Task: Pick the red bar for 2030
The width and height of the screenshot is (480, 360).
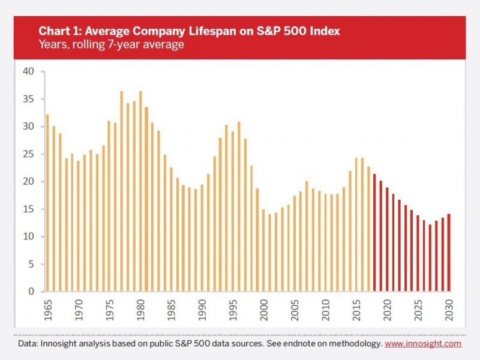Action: pyautogui.click(x=448, y=253)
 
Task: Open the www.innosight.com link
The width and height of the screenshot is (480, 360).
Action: pyautogui.click(x=423, y=344)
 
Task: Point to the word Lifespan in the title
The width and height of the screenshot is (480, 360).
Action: pyautogui.click(x=184, y=31)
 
